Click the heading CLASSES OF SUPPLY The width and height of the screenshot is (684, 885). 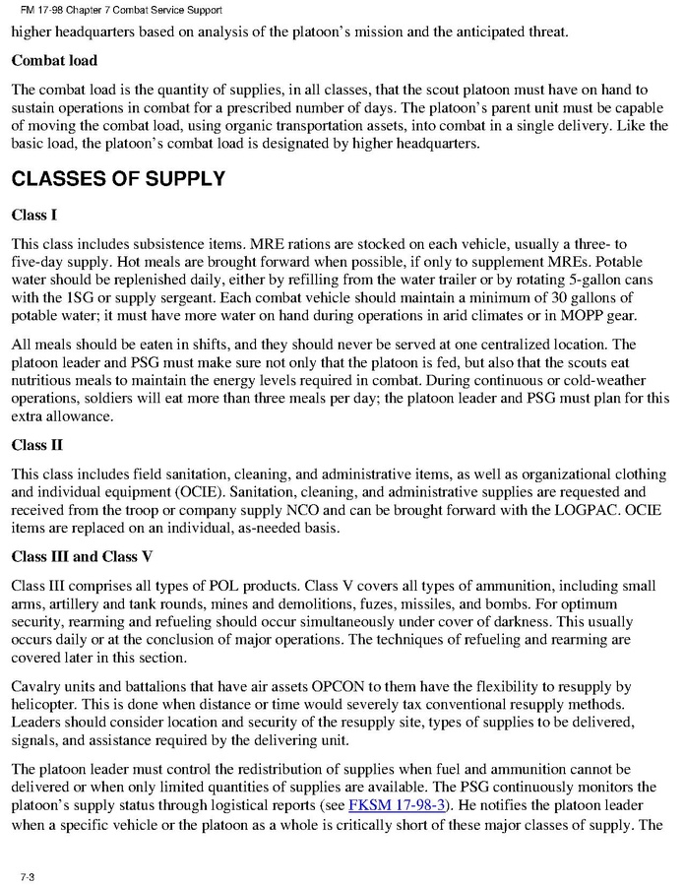(118, 179)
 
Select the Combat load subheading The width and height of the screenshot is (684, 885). (54, 61)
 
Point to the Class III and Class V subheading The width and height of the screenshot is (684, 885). (82, 556)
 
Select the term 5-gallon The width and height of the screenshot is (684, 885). (588, 279)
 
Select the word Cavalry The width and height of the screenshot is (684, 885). (39, 686)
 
